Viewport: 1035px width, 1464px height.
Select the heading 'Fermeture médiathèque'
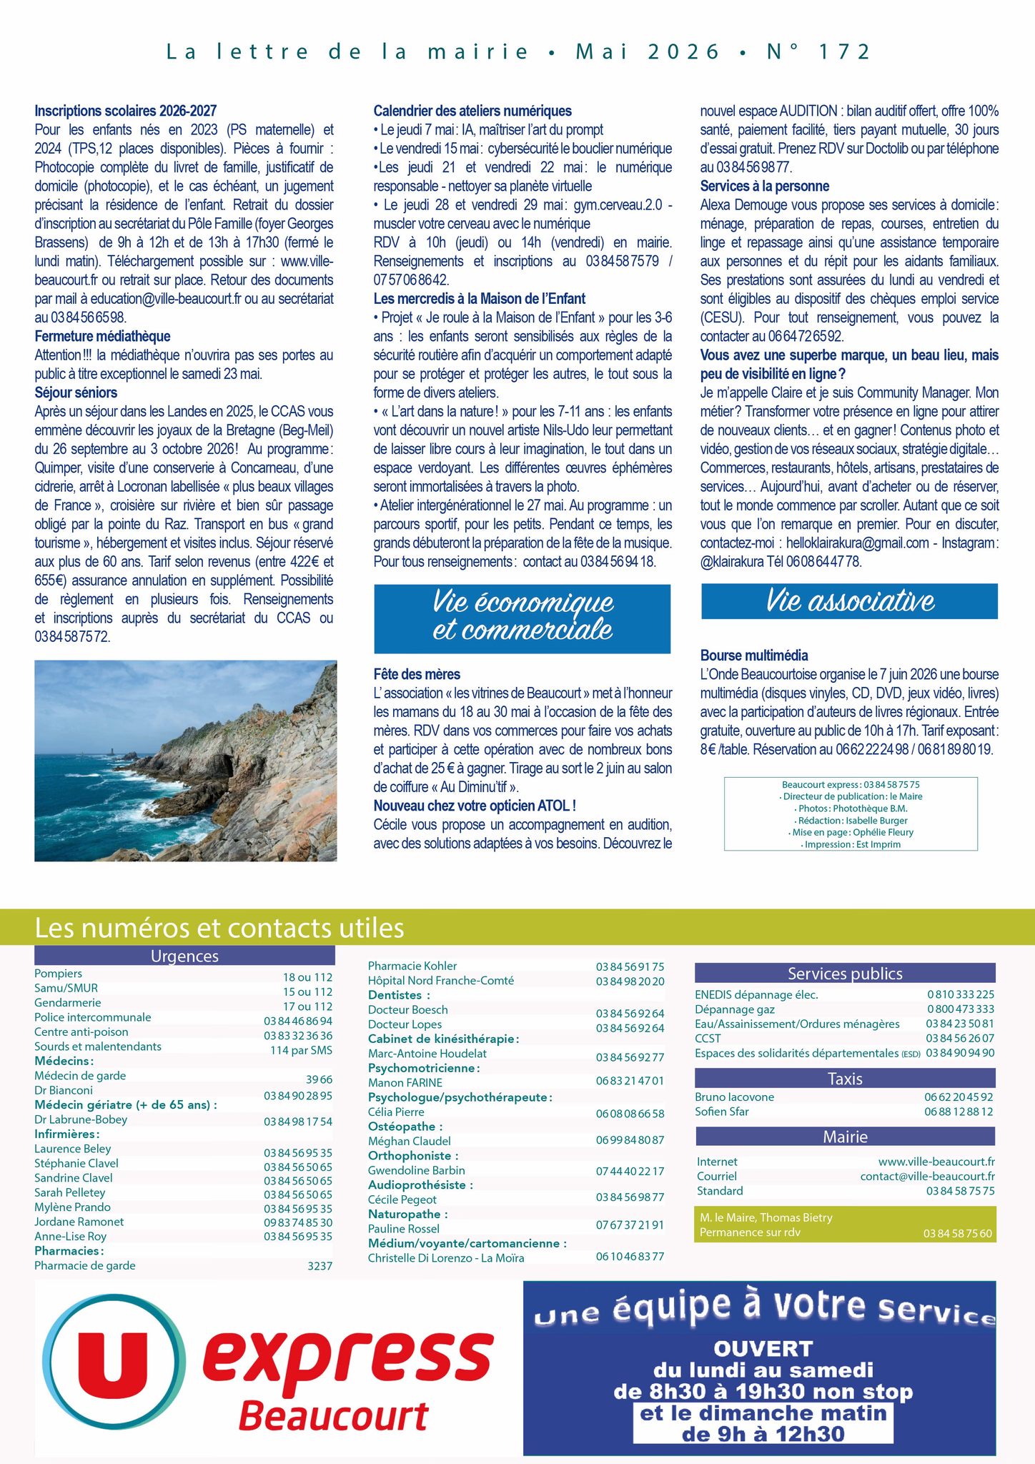point(102,336)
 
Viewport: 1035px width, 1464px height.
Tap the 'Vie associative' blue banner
point(849,601)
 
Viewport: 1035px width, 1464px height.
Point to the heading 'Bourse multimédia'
point(754,656)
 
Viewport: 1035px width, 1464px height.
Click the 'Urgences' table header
point(184,956)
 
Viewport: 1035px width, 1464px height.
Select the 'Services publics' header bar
point(844,973)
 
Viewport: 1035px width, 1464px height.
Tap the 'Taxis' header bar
point(844,1079)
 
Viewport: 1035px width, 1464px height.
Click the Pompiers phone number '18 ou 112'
point(307,977)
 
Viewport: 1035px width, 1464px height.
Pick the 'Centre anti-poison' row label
point(81,1032)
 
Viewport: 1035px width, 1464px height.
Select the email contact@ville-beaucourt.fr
point(927,1176)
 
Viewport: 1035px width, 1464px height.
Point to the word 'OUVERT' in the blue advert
point(763,1349)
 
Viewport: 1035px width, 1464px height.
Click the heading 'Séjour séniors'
point(76,392)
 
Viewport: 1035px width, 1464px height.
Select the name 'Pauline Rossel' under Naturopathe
point(404,1228)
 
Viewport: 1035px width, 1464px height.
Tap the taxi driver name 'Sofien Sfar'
point(722,1112)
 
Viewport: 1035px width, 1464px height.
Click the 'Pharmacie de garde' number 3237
point(320,1265)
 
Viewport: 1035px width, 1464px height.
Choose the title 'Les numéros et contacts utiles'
point(219,928)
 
